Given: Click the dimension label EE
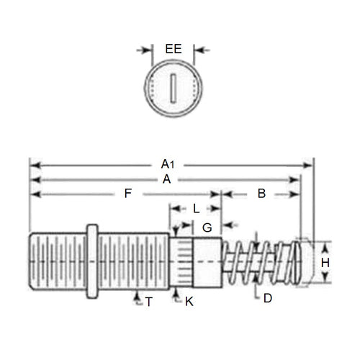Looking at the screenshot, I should click(173, 50).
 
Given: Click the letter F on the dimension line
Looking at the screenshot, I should click(127, 194).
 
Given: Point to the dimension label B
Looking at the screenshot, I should click(261, 194).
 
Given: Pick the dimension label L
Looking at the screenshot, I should click(196, 208).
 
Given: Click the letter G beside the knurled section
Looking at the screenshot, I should click(207, 228).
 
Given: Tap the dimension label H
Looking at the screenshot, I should click(325, 263).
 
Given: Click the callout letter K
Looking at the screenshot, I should click(189, 302).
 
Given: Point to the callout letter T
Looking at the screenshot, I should click(148, 302).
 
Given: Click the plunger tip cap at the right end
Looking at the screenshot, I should click(305, 264).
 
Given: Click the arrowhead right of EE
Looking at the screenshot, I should click(199, 50).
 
